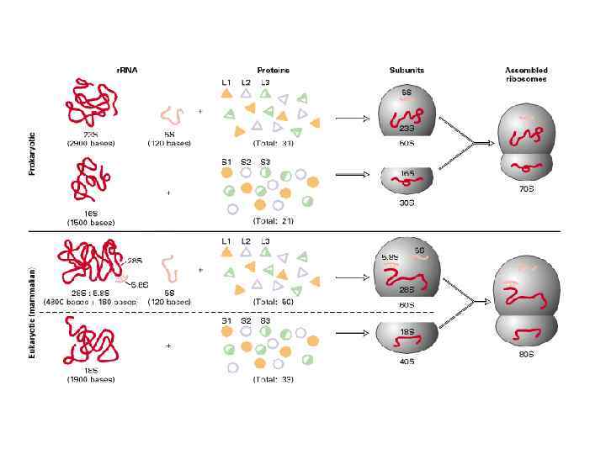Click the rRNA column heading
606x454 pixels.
(126, 70)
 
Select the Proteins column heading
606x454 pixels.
(272, 70)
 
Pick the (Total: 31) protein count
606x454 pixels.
(274, 143)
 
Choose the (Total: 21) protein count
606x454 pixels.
(274, 220)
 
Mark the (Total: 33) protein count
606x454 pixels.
(274, 379)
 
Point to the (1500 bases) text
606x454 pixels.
(91, 222)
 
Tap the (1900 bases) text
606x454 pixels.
(91, 379)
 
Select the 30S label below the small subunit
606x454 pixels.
(407, 203)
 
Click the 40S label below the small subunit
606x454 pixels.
(407, 362)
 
